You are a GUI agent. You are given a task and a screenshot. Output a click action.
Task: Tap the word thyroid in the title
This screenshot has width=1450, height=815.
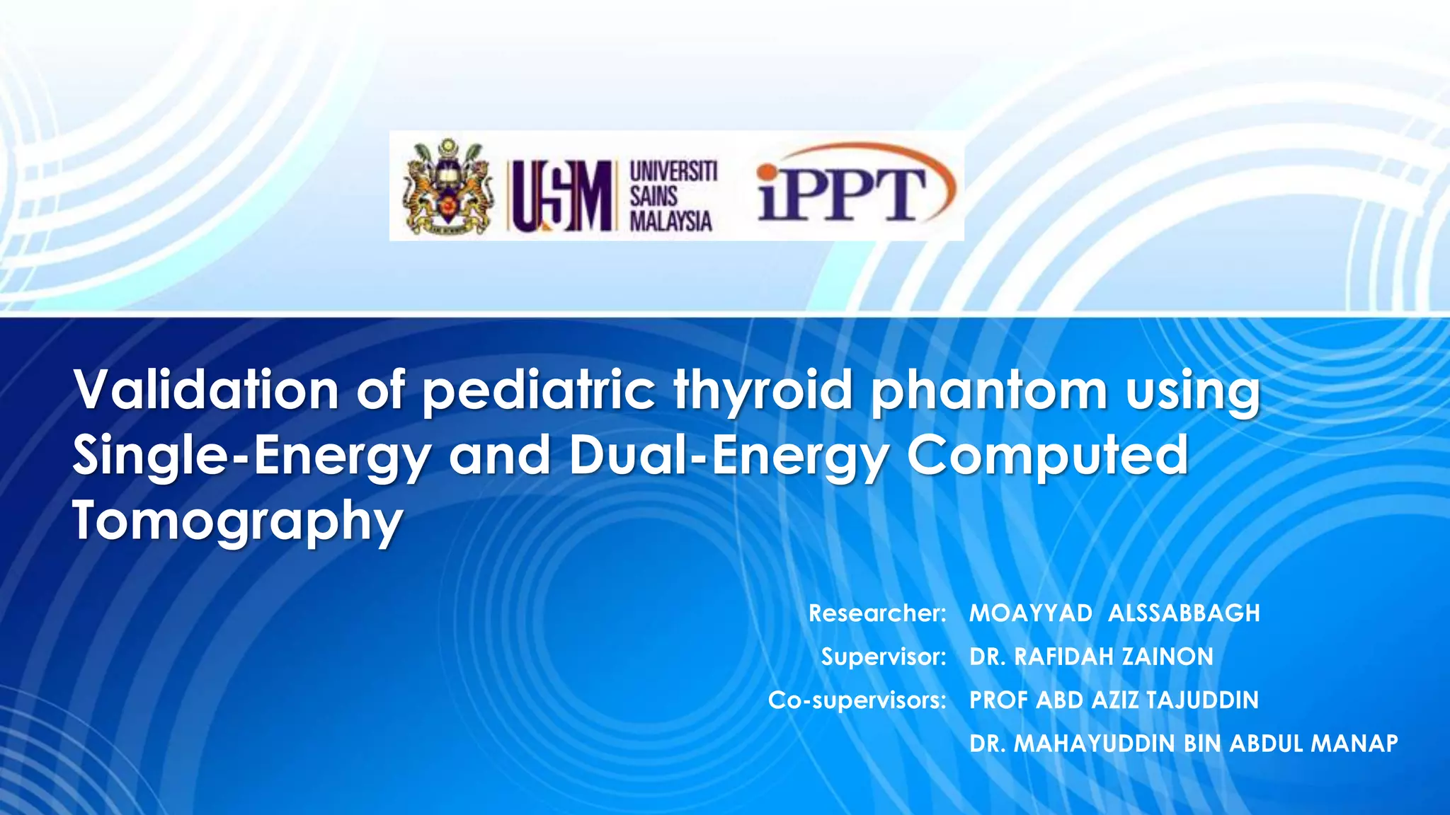pos(764,391)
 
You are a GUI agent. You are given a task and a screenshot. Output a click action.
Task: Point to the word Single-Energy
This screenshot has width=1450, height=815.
pos(252,456)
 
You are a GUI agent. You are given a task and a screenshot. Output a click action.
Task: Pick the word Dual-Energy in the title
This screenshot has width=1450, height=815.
pos(729,456)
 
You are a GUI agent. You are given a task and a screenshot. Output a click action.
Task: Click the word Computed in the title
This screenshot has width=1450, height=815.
pos(1048,456)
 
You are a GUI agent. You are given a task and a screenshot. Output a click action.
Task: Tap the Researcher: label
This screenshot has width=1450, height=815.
pos(877,613)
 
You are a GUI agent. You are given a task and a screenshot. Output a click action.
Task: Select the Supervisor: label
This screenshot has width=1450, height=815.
pos(884,657)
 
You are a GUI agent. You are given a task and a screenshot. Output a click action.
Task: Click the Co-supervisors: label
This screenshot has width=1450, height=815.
pos(857,700)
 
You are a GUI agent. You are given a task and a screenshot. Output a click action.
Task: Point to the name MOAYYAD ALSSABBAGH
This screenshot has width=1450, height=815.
pos(1114,613)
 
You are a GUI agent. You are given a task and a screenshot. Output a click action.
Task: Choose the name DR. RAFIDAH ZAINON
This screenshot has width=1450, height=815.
pos(1091,657)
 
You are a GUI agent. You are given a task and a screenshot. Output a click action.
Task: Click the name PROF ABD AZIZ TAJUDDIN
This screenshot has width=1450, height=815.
pos(1114,700)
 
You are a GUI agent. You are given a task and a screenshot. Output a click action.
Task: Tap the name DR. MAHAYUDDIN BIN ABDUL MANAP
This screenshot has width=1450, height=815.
pos(1183,744)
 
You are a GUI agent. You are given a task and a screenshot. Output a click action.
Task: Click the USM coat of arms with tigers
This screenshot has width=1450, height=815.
pos(447,187)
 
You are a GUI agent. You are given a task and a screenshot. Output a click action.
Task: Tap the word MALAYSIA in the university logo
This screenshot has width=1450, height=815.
pos(670,221)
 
